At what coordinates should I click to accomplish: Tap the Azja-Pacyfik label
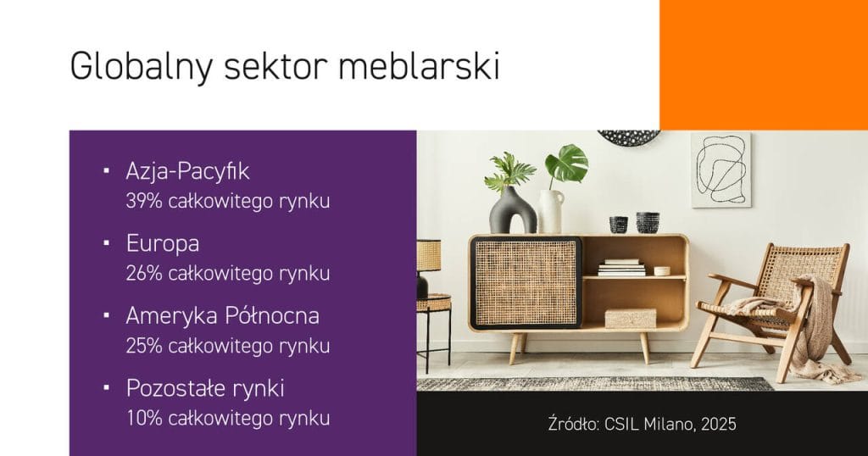[x=188, y=171]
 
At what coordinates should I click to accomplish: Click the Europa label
[x=163, y=244]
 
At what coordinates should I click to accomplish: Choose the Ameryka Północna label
[x=223, y=316]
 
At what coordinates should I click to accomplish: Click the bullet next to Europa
[x=107, y=243]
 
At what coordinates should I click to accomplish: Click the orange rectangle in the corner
[x=764, y=64]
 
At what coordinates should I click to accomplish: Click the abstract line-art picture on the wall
[x=720, y=169]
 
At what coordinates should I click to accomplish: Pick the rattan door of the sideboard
[x=526, y=282]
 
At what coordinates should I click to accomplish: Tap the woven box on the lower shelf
[x=631, y=318]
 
